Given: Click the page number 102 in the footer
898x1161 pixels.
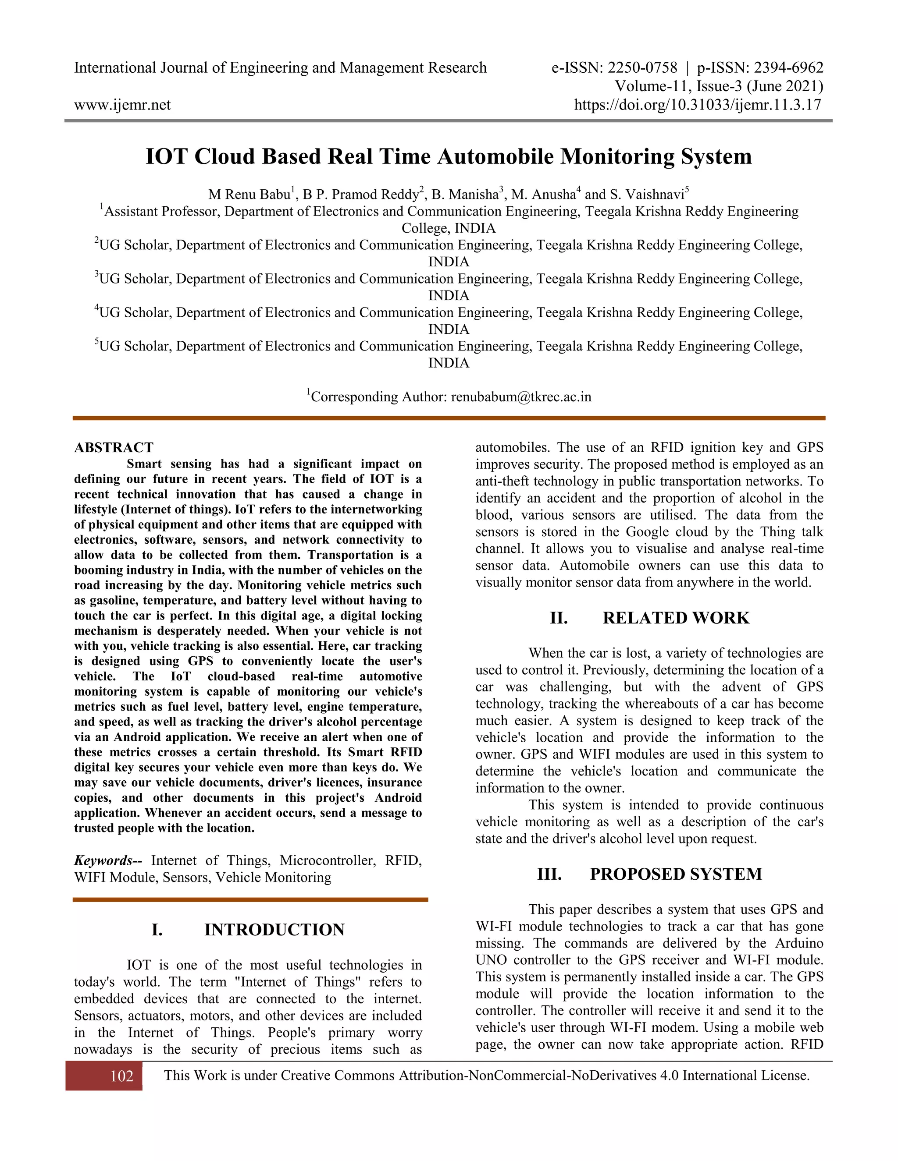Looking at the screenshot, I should click(x=121, y=1076).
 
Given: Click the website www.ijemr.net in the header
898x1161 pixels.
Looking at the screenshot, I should click(x=122, y=105).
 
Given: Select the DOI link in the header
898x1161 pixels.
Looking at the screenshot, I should click(x=698, y=105).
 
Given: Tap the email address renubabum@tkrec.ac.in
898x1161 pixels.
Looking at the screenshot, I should click(x=521, y=396).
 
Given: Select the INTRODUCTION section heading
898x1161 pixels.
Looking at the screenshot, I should click(x=274, y=929).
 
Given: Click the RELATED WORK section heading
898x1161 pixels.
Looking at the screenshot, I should click(x=676, y=618).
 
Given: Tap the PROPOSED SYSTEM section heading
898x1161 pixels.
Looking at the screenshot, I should click(x=676, y=874).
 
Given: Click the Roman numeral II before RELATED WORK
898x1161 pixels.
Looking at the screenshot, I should click(x=559, y=618).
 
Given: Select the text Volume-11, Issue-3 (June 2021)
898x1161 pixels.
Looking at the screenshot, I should click(x=719, y=86).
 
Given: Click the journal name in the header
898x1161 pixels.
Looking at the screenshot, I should click(x=280, y=67).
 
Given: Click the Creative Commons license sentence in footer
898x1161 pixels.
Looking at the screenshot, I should click(x=486, y=1076).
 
